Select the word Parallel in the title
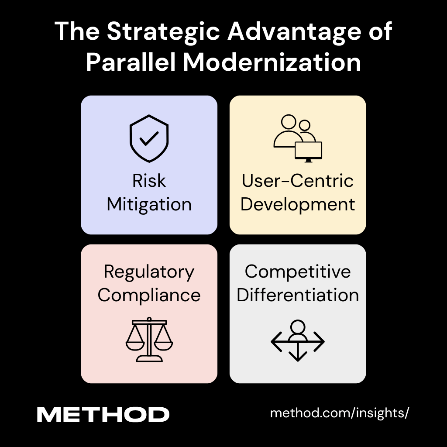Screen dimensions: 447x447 coord(131,62)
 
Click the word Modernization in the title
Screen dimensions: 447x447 coord(272,62)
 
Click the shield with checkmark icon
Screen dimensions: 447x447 coord(149,139)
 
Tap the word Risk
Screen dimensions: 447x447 coord(149,181)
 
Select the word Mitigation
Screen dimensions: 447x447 coord(149,204)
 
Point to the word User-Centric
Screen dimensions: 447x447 coord(298,181)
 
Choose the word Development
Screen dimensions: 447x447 coord(298,204)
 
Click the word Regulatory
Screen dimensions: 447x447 coord(149,272)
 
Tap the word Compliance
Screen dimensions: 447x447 coord(149,295)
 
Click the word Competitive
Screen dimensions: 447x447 coord(298,272)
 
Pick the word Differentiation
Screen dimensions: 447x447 coord(298,295)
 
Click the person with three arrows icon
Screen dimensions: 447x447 coord(298,340)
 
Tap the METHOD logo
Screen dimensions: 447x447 coord(103,415)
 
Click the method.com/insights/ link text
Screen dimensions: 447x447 coord(340,413)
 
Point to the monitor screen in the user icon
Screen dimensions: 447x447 coord(309,150)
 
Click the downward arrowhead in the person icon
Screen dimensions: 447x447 coord(298,357)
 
